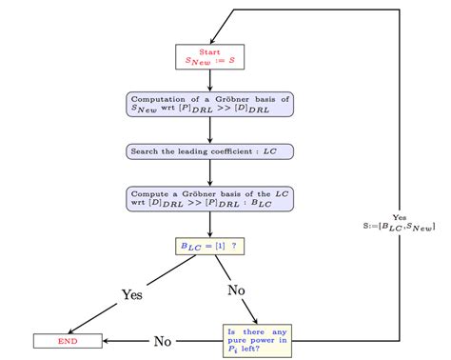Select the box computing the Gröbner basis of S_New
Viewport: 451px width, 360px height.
pos(209,104)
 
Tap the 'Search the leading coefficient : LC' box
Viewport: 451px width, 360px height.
pos(209,151)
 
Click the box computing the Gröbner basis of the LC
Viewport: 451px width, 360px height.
pos(209,198)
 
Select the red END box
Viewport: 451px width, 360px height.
pos(68,340)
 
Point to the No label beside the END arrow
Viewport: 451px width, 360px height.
pos(163,339)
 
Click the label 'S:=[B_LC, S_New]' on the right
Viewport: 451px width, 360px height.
pos(393,226)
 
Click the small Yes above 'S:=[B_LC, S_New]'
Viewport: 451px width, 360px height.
pos(399,216)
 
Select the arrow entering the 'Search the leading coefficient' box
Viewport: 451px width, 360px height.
pos(209,130)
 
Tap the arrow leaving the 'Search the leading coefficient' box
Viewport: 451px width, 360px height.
pos(209,172)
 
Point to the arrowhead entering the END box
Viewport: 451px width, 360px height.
pos(106,340)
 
